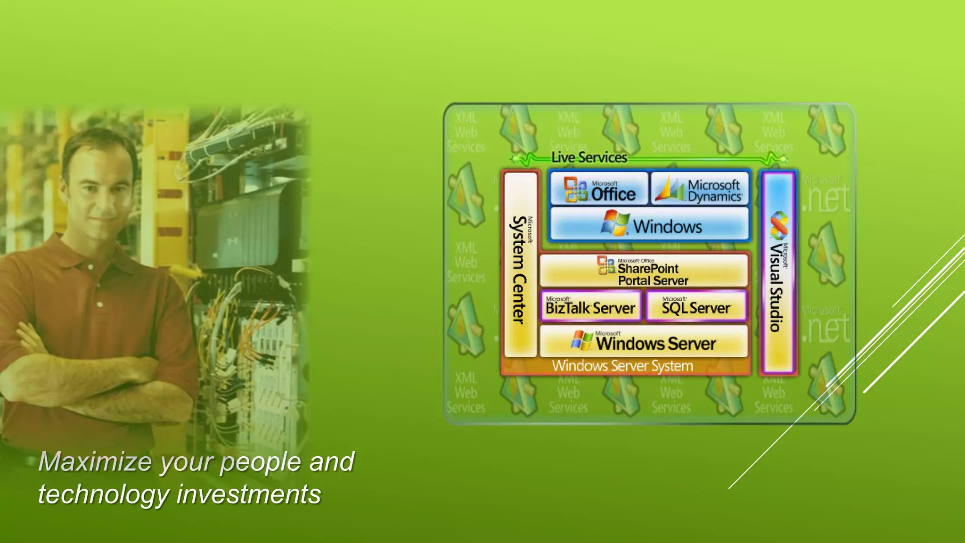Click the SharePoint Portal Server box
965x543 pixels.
click(644, 271)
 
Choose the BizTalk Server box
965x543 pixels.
click(591, 307)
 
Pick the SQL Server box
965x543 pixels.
click(696, 307)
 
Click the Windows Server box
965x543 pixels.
click(644, 341)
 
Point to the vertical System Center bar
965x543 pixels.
click(520, 264)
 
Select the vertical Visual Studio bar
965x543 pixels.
click(778, 273)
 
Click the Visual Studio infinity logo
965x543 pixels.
click(778, 225)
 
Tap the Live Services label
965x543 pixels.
click(589, 157)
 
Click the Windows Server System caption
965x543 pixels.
click(622, 366)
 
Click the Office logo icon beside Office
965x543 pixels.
click(575, 189)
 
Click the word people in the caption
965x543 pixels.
click(261, 462)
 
